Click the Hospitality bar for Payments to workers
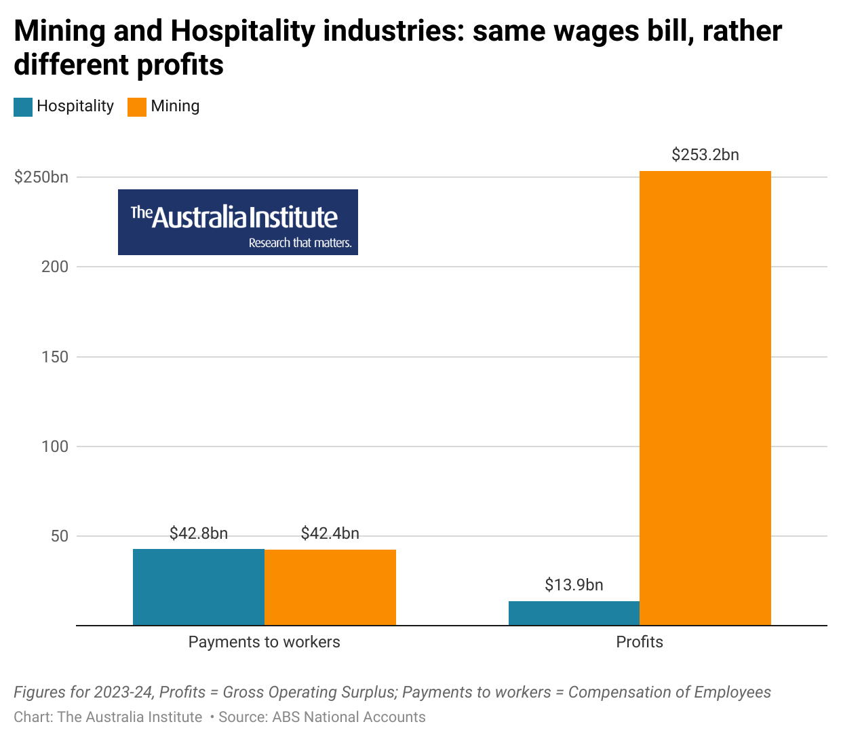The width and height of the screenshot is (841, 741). click(x=198, y=587)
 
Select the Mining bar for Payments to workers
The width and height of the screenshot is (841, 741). click(x=330, y=588)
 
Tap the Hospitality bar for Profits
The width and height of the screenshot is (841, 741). click(x=574, y=613)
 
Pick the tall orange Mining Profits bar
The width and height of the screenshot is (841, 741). click(x=705, y=398)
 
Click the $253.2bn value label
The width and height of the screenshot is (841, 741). click(x=705, y=155)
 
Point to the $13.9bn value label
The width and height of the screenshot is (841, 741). click(x=574, y=585)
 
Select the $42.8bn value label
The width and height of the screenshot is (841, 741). click(x=198, y=533)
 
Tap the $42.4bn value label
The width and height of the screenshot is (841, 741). click(x=330, y=533)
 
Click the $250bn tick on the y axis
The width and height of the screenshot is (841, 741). click(x=41, y=177)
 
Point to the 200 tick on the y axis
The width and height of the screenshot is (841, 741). click(x=55, y=267)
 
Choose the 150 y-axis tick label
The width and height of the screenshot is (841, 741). click(x=55, y=357)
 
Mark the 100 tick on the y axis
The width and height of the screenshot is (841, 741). click(x=55, y=446)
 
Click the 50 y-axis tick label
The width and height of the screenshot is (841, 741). click(x=60, y=536)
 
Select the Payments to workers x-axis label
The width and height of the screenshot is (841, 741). click(x=264, y=642)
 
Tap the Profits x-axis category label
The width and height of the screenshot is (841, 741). click(x=640, y=642)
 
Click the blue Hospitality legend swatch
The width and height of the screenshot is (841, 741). click(x=23, y=107)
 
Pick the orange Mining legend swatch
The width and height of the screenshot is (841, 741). click(x=137, y=107)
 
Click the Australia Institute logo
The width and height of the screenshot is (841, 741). click(x=238, y=222)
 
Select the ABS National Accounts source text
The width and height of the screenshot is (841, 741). click(x=349, y=717)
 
